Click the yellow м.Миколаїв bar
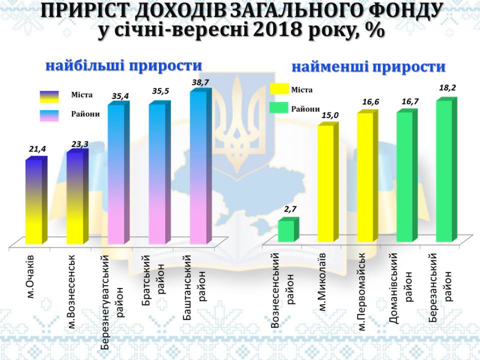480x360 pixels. [x=326, y=183]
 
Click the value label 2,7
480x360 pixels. [x=290, y=209]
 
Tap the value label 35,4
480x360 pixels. [x=120, y=97]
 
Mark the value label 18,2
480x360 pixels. [x=447, y=88]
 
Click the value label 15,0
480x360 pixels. [x=330, y=115]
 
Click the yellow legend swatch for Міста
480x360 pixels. [x=279, y=89]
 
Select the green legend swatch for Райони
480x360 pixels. [x=279, y=108]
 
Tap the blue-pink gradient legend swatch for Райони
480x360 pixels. [x=49, y=115]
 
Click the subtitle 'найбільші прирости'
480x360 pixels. [x=124, y=66]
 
